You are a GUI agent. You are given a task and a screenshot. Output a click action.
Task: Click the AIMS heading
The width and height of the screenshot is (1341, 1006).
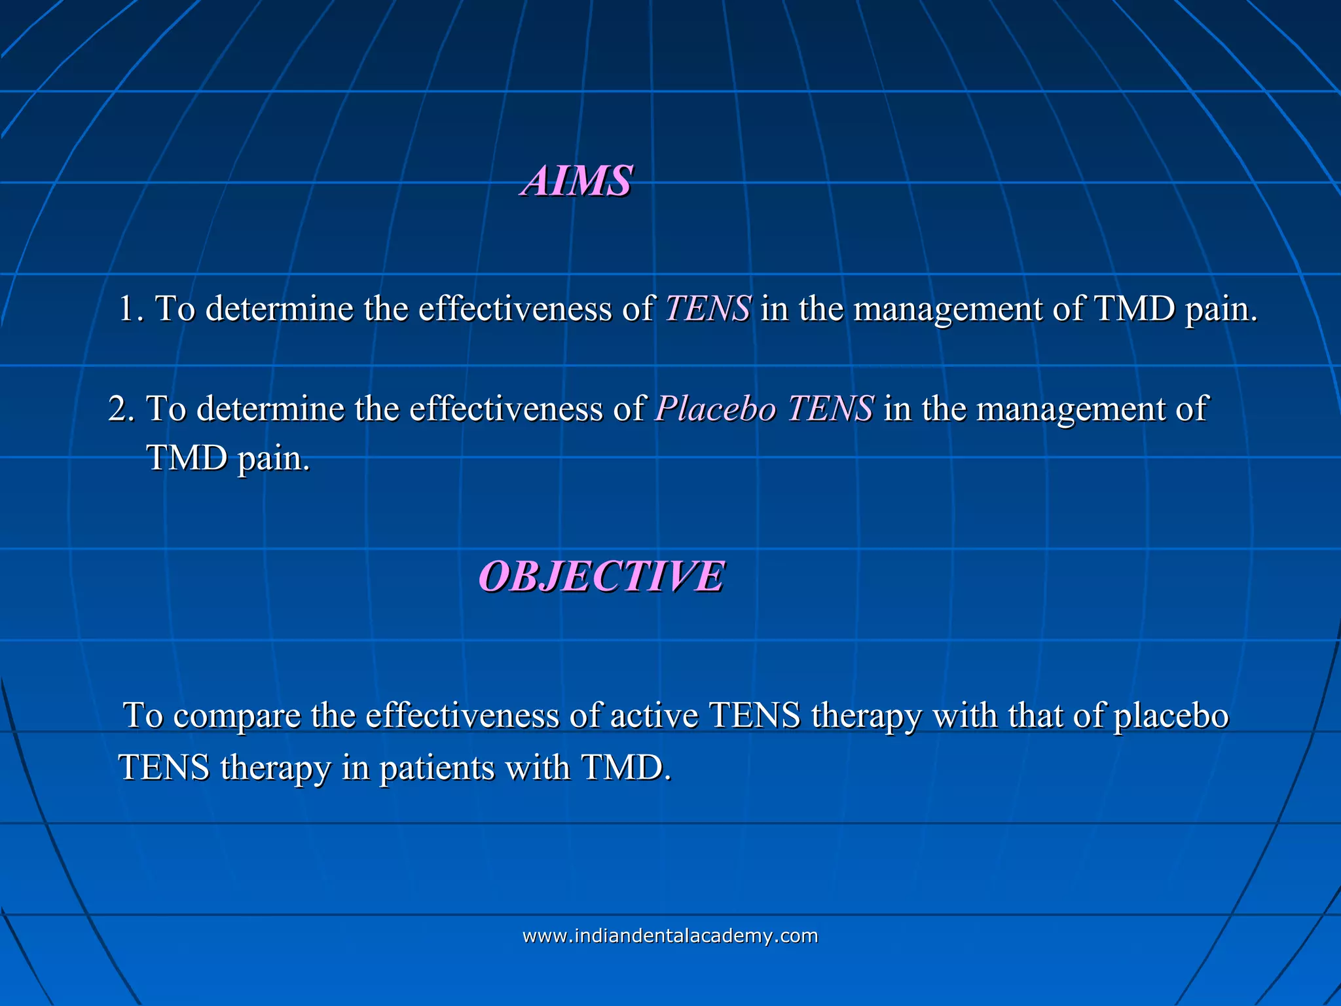pyautogui.click(x=578, y=181)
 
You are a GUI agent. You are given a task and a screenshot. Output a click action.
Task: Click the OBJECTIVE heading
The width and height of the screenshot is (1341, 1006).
pyautogui.click(x=601, y=577)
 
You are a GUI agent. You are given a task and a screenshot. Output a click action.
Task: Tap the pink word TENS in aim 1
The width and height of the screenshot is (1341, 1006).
pyautogui.click(x=707, y=308)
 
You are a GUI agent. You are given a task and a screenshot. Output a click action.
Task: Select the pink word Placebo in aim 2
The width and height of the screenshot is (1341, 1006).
pyautogui.click(x=716, y=409)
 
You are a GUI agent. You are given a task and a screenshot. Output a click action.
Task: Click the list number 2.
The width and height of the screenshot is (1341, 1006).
pyautogui.click(x=120, y=409)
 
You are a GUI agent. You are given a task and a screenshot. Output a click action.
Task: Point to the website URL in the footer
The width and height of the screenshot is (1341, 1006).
pyautogui.click(x=670, y=935)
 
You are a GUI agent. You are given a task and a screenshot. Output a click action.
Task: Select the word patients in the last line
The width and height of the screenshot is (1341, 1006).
pyautogui.click(x=437, y=768)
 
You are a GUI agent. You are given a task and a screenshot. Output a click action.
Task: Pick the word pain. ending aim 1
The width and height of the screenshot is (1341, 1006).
pyautogui.click(x=1222, y=309)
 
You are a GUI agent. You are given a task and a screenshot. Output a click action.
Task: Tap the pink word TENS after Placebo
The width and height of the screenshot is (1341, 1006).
pyautogui.click(x=830, y=409)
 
